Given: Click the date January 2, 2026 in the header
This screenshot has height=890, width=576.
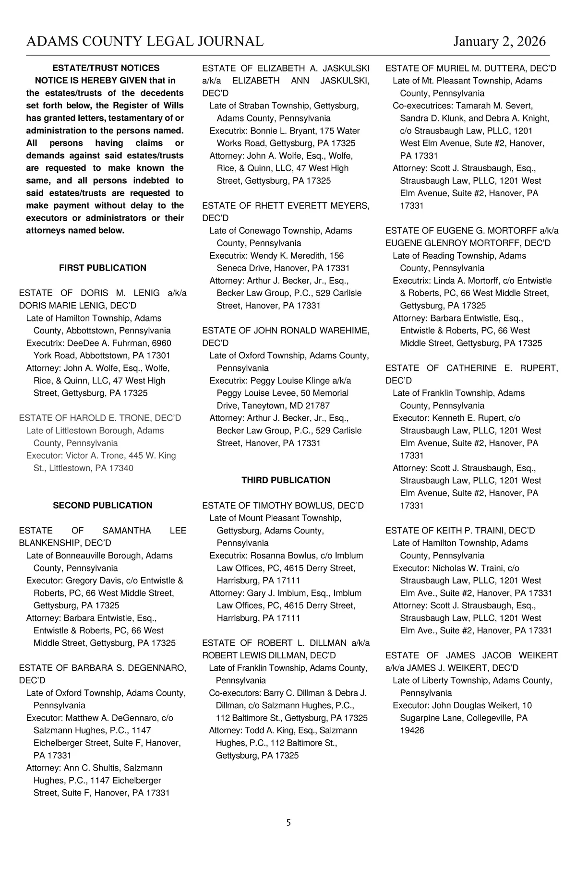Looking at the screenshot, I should (x=499, y=42).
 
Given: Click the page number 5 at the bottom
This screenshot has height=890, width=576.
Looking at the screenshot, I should (x=288, y=823).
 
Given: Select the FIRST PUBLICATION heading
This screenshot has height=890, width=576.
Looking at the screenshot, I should (x=103, y=268).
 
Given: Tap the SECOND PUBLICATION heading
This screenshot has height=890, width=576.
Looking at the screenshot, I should (x=103, y=505).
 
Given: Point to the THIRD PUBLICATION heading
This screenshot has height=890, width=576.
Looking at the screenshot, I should (x=286, y=480).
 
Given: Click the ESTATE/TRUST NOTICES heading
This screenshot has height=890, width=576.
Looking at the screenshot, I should (x=106, y=68).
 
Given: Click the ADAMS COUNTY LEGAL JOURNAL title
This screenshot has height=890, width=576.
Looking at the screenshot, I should (x=144, y=42).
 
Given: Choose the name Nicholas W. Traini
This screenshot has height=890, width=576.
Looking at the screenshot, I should (x=465, y=568).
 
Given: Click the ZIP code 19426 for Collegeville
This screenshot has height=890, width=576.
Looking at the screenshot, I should (x=412, y=730).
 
